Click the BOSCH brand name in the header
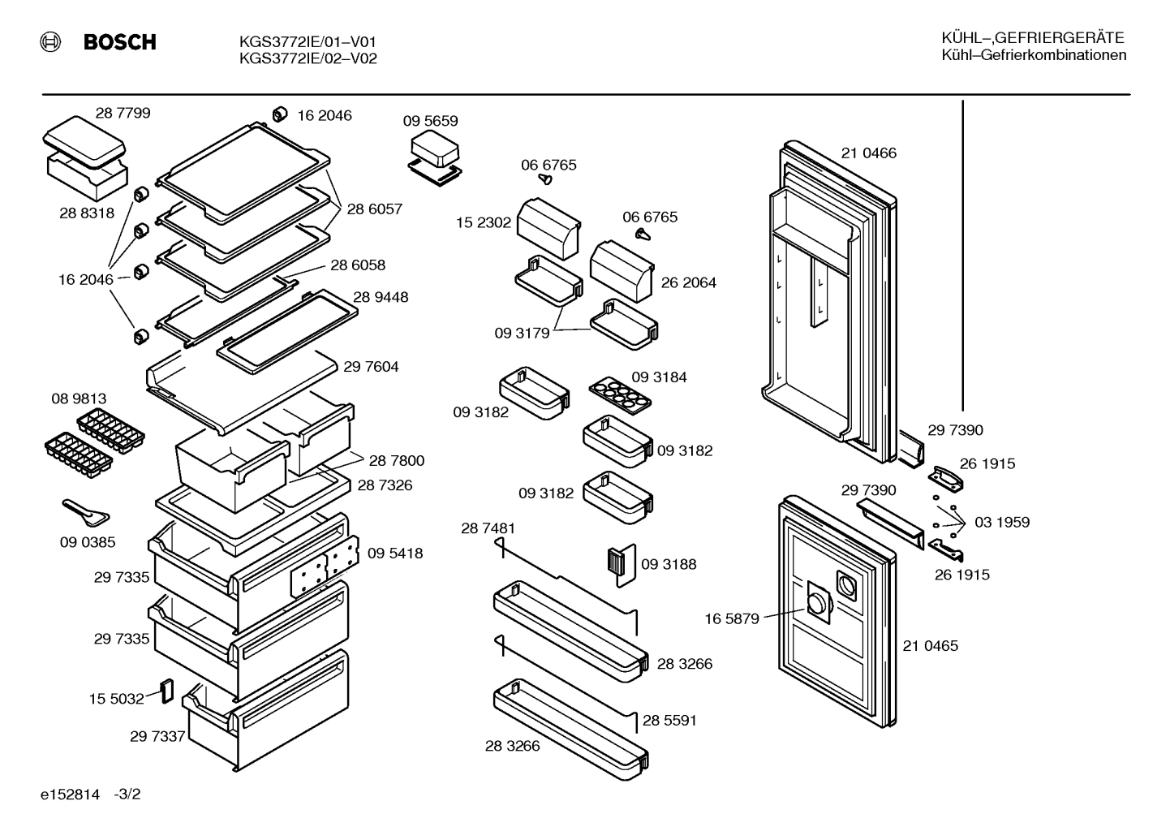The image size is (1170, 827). point(119,41)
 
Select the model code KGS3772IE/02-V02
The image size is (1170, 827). point(308,58)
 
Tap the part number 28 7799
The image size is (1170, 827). point(123,113)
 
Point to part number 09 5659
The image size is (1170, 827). point(430,121)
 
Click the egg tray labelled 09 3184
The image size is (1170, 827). point(620,395)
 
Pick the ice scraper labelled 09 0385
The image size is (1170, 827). point(86,512)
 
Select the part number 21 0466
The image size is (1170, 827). point(869,153)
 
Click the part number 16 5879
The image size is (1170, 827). point(732,619)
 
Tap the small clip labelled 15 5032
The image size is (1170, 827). point(167,691)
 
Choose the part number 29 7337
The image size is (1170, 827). point(157,737)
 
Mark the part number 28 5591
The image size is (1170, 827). point(669,721)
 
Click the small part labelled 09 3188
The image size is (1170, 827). point(622,565)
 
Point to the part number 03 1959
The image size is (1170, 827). point(1002,523)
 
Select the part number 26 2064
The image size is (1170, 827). point(688,282)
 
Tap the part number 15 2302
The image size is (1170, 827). point(484,222)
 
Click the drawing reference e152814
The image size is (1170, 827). point(70,795)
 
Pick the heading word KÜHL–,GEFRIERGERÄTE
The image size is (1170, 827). point(1033,38)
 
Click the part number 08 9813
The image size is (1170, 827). point(79,398)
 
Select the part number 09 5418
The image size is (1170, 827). point(395,553)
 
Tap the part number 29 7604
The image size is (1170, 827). point(371,367)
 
